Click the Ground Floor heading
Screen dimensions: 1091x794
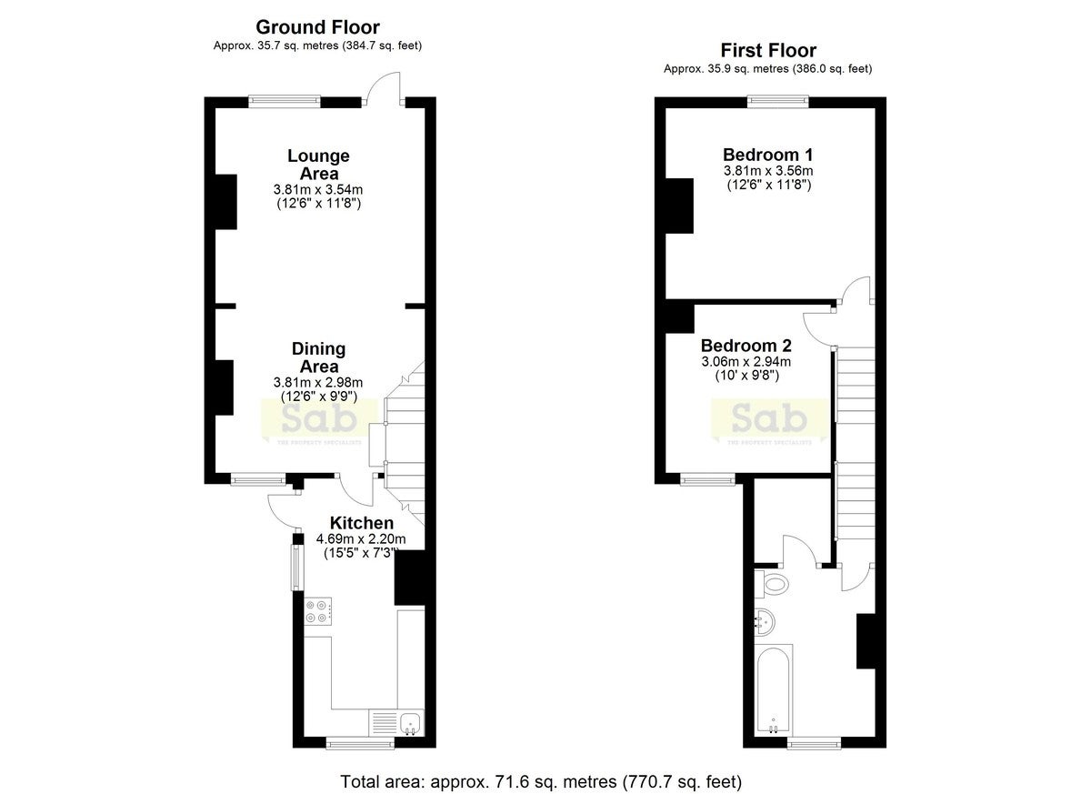317,27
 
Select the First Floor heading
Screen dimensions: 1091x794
768,50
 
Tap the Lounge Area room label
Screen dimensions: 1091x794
318,165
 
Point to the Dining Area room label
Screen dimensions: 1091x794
318,357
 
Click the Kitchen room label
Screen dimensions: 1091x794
362,523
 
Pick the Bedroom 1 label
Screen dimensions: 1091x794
767,155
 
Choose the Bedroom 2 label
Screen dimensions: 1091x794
746,346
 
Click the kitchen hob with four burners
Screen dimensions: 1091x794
318,611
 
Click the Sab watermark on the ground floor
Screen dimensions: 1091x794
319,420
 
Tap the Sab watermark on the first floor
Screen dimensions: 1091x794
769,420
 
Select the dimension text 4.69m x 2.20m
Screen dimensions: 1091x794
361,538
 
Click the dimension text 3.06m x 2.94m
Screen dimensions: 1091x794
746,361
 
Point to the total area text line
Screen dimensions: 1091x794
541,781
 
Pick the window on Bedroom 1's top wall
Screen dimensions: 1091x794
778,102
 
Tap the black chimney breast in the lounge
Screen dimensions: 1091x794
226,202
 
